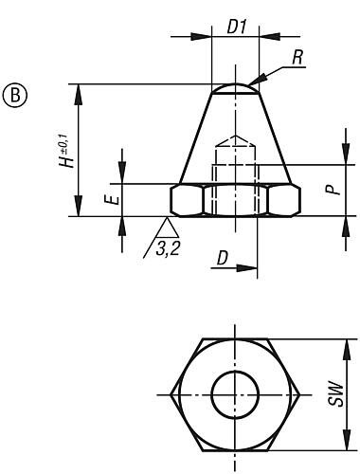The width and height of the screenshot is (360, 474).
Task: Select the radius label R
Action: pos(298,58)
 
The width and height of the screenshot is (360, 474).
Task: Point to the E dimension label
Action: pos(110,200)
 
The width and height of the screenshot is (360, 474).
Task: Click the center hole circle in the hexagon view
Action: pos(234,393)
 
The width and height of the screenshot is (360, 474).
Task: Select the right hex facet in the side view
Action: pos(282,200)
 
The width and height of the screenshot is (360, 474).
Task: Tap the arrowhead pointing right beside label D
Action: pos(252,266)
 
